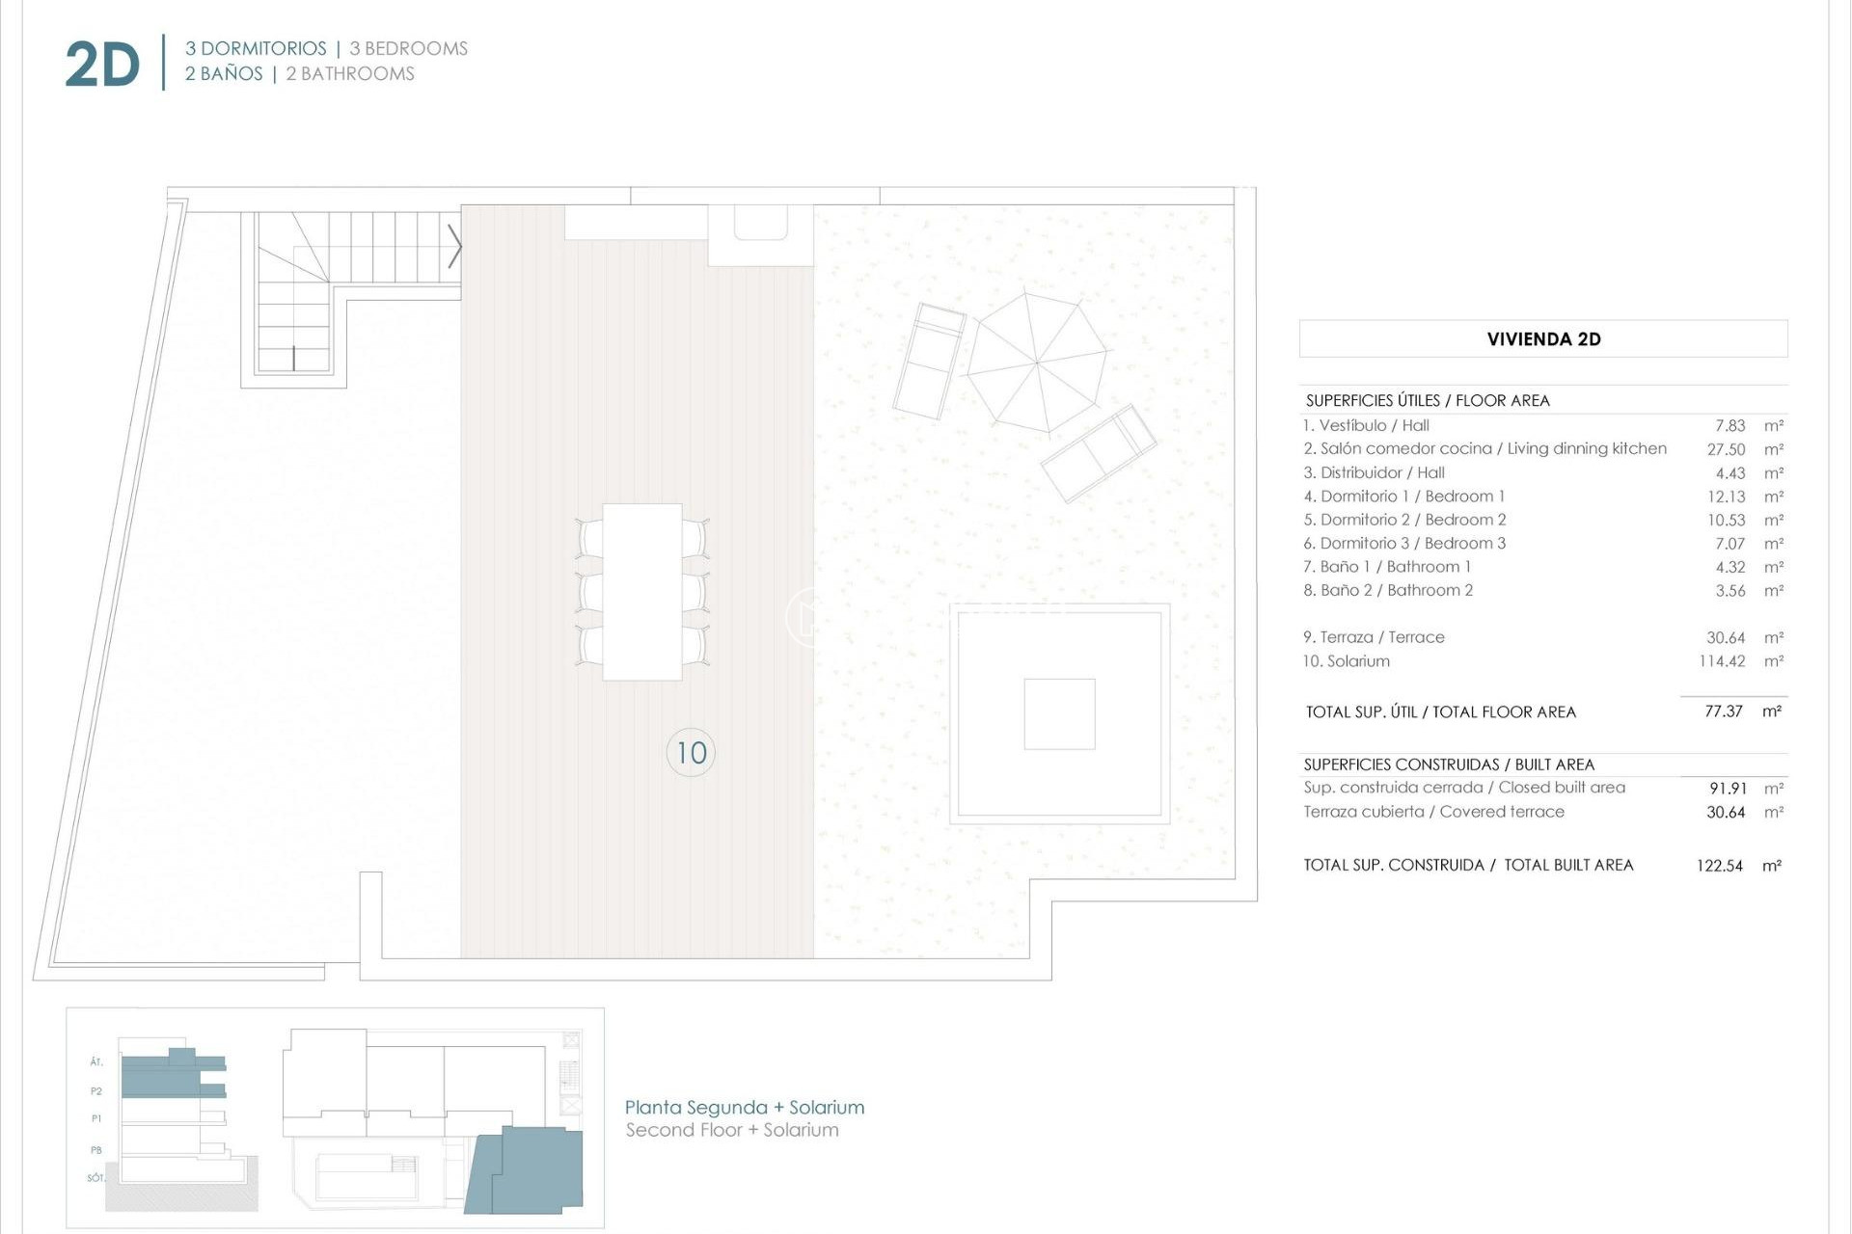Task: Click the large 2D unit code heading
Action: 102,66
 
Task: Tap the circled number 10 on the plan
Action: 691,753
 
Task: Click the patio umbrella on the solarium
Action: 1038,363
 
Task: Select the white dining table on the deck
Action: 642,592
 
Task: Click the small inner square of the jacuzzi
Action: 1059,714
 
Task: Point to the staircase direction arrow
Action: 454,247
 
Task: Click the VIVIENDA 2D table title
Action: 1543,339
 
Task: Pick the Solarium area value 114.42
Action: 1722,661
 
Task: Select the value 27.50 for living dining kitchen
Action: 1726,449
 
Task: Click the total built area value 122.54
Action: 1719,866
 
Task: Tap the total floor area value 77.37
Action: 1723,711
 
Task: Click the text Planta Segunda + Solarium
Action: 744,1108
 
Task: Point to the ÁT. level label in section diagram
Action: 96,1062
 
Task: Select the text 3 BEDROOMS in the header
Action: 408,48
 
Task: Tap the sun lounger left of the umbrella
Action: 928,362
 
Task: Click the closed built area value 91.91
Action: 1726,789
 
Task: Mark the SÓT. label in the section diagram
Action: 95,1178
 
